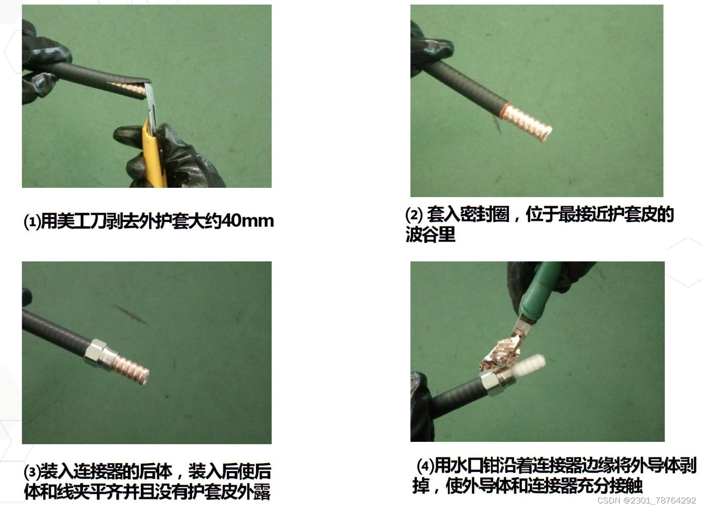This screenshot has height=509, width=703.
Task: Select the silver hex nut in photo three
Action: point(95,353)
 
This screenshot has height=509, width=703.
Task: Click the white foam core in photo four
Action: point(529,364)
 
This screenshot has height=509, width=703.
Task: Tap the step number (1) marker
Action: point(32,222)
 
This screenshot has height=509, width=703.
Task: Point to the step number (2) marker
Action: point(414,215)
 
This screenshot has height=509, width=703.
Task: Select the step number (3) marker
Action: point(32,472)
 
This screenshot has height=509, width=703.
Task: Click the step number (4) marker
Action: point(425,466)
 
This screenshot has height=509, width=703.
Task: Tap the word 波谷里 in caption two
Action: point(430,234)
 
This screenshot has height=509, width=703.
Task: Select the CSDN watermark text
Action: point(647,501)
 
